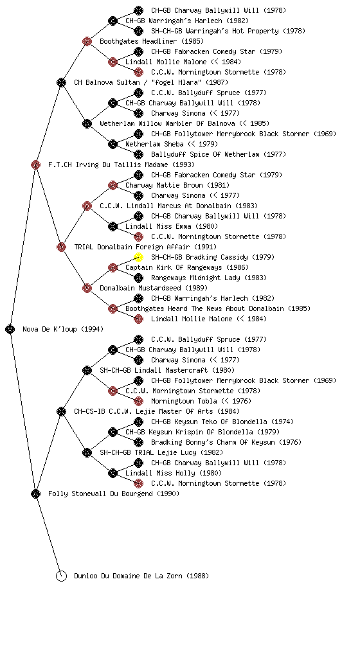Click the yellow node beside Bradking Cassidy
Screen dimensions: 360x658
pyautogui.click(x=138, y=257)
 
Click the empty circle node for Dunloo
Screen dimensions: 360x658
pyautogui.click(x=61, y=576)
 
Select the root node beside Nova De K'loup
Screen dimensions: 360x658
pyautogui.click(x=10, y=329)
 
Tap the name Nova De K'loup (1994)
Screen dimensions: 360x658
pyautogui.click(x=63, y=329)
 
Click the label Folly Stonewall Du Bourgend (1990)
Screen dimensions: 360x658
pyautogui.click(x=114, y=493)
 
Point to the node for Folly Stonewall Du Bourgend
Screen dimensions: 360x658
pyautogui.click(x=35, y=493)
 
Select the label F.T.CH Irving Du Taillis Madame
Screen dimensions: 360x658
pyautogui.click(x=108, y=164)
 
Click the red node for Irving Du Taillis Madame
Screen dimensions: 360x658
pyautogui.click(x=35, y=164)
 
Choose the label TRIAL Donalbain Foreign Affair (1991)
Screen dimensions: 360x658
pyautogui.click(x=145, y=247)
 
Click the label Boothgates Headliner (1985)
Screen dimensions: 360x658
pyautogui.click(x=152, y=41)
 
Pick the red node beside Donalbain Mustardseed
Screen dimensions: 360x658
pyautogui.click(x=87, y=288)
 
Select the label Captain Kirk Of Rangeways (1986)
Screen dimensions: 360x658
pyautogui.click(x=186, y=267)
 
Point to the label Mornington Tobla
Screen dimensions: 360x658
pyautogui.click(x=184, y=401)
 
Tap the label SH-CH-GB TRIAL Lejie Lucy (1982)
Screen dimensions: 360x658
pyautogui.click(x=161, y=452)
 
